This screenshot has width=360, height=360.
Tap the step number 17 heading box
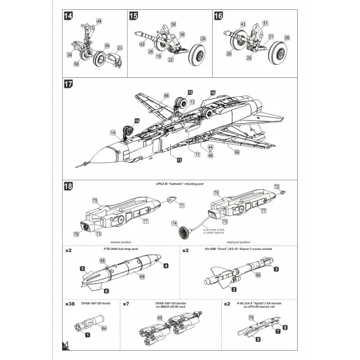(x=69, y=85)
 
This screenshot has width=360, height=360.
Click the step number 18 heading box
(x=69, y=187)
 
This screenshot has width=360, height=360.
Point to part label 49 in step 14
(x=98, y=22)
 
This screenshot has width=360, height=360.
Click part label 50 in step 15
(x=173, y=24)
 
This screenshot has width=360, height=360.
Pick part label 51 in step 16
(x=264, y=24)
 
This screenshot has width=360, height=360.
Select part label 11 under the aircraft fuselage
(x=196, y=154)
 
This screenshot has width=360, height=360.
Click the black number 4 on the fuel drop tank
(x=166, y=266)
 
